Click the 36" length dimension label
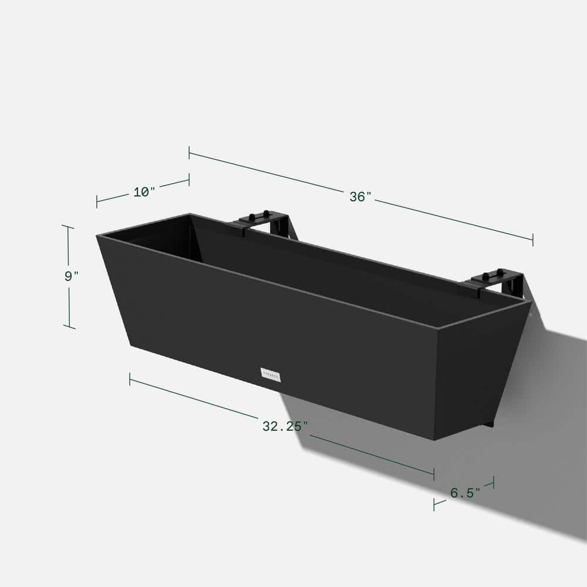point(361,197)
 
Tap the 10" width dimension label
point(144,191)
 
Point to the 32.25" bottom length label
point(285,427)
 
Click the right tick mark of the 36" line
point(533,239)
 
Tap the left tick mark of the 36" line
point(189,153)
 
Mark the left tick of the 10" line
point(97,201)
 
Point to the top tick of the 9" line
point(68,227)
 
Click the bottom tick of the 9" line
point(69,327)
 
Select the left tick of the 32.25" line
point(130,379)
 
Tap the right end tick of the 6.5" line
point(493,482)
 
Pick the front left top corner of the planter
point(97,236)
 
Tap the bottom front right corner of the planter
point(435,440)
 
